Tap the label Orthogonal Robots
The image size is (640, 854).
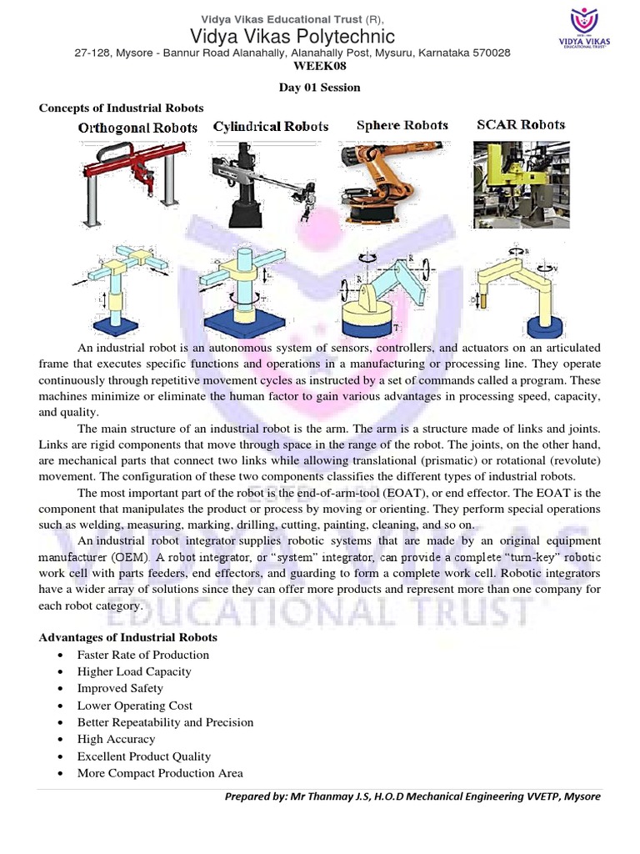click(137, 128)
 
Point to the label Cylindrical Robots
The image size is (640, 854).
click(271, 127)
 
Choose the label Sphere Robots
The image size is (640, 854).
click(402, 126)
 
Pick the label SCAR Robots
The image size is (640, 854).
click(521, 125)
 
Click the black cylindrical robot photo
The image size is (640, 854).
click(264, 183)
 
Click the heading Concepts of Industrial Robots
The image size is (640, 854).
click(122, 108)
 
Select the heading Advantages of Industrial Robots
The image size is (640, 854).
click(128, 638)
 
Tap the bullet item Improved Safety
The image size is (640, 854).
click(120, 688)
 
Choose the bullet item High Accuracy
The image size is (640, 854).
click(116, 739)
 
